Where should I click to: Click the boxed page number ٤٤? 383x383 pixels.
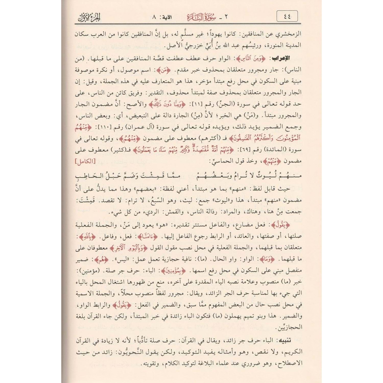pyautogui.click(x=287, y=17)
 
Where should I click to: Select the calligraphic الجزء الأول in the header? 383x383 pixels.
pyautogui.click(x=89, y=17)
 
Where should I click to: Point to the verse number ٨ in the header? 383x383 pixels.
pyautogui.click(x=154, y=17)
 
